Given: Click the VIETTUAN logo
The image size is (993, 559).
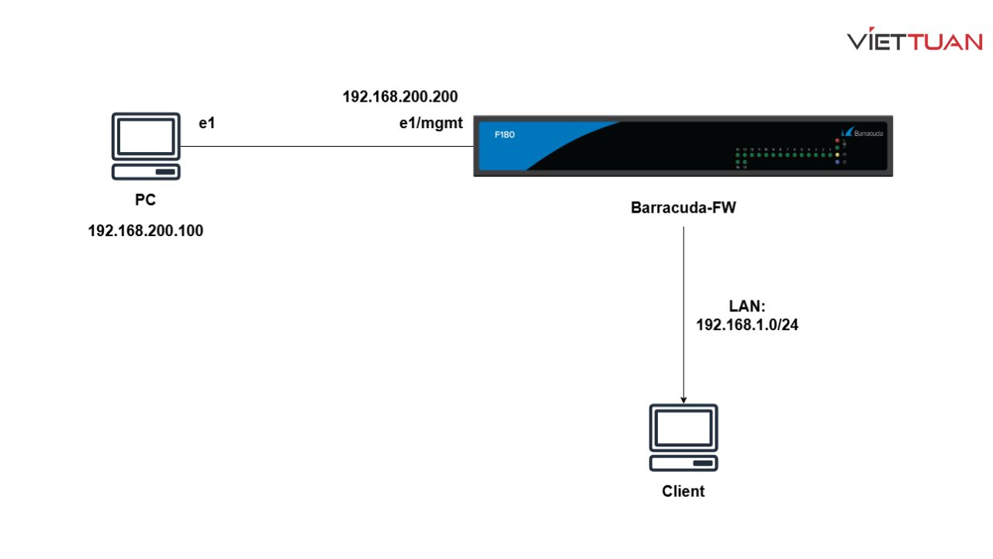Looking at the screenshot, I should coord(915,41).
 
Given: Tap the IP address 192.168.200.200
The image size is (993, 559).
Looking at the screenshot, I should coord(400,97).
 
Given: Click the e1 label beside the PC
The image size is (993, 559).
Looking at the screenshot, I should coord(206,123).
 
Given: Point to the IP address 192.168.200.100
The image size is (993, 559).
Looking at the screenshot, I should coord(146,231).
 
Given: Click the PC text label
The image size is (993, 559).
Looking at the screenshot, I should coord(145,200).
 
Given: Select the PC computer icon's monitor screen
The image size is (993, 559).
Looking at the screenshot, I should coord(145,135).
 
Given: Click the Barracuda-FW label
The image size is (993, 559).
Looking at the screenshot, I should coord(683,207).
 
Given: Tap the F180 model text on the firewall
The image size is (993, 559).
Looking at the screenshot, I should coord(504,134).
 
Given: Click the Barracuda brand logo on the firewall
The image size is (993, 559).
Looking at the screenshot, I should coord(861,133).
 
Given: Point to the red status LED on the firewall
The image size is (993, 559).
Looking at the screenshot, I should coord(838,141).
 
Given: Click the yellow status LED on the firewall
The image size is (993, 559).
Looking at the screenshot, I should coord(838,155).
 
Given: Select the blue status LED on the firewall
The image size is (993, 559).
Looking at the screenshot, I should coord(838,161).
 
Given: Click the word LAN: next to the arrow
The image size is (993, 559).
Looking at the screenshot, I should coord(747,307).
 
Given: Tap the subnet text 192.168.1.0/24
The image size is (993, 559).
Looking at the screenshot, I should coord(747,325).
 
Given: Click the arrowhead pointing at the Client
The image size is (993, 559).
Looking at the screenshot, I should coord(683,398).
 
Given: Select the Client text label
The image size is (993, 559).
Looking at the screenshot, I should coord(683,491).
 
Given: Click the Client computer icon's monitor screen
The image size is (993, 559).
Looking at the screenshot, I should coord(683,428).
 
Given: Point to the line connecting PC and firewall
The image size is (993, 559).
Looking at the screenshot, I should coord(326,146).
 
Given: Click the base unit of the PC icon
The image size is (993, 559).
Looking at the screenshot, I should coord(145,172).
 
